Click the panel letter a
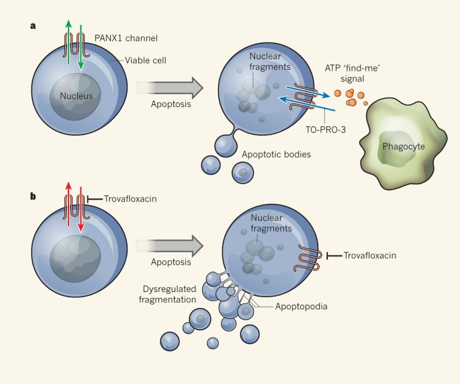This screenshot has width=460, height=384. tap(32, 26)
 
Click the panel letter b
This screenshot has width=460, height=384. tap(32, 197)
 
